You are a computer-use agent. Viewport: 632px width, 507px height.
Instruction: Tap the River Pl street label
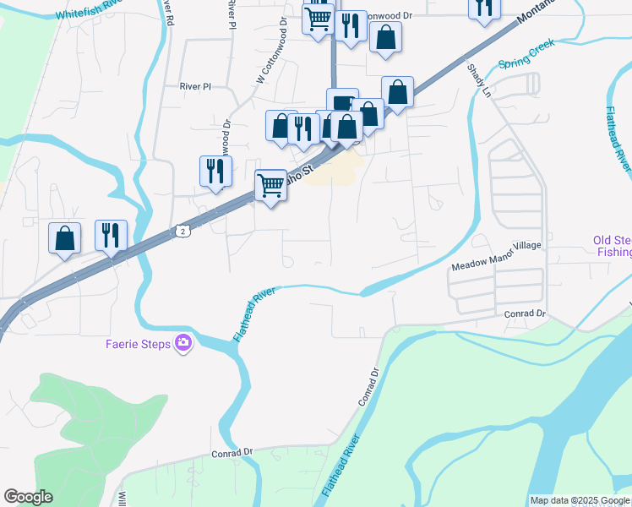[193, 86]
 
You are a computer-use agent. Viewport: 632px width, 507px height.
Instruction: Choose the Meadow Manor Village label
[495, 268]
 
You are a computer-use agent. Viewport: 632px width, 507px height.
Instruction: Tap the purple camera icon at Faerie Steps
[183, 343]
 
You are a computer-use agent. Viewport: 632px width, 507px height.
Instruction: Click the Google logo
[28, 497]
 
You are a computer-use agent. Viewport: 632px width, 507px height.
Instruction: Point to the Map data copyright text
[580, 500]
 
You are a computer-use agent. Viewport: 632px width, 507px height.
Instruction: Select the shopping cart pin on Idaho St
[270, 184]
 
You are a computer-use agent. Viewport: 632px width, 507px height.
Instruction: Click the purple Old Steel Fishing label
[612, 246]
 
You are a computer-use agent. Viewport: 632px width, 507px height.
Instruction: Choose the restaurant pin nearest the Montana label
[484, 8]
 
